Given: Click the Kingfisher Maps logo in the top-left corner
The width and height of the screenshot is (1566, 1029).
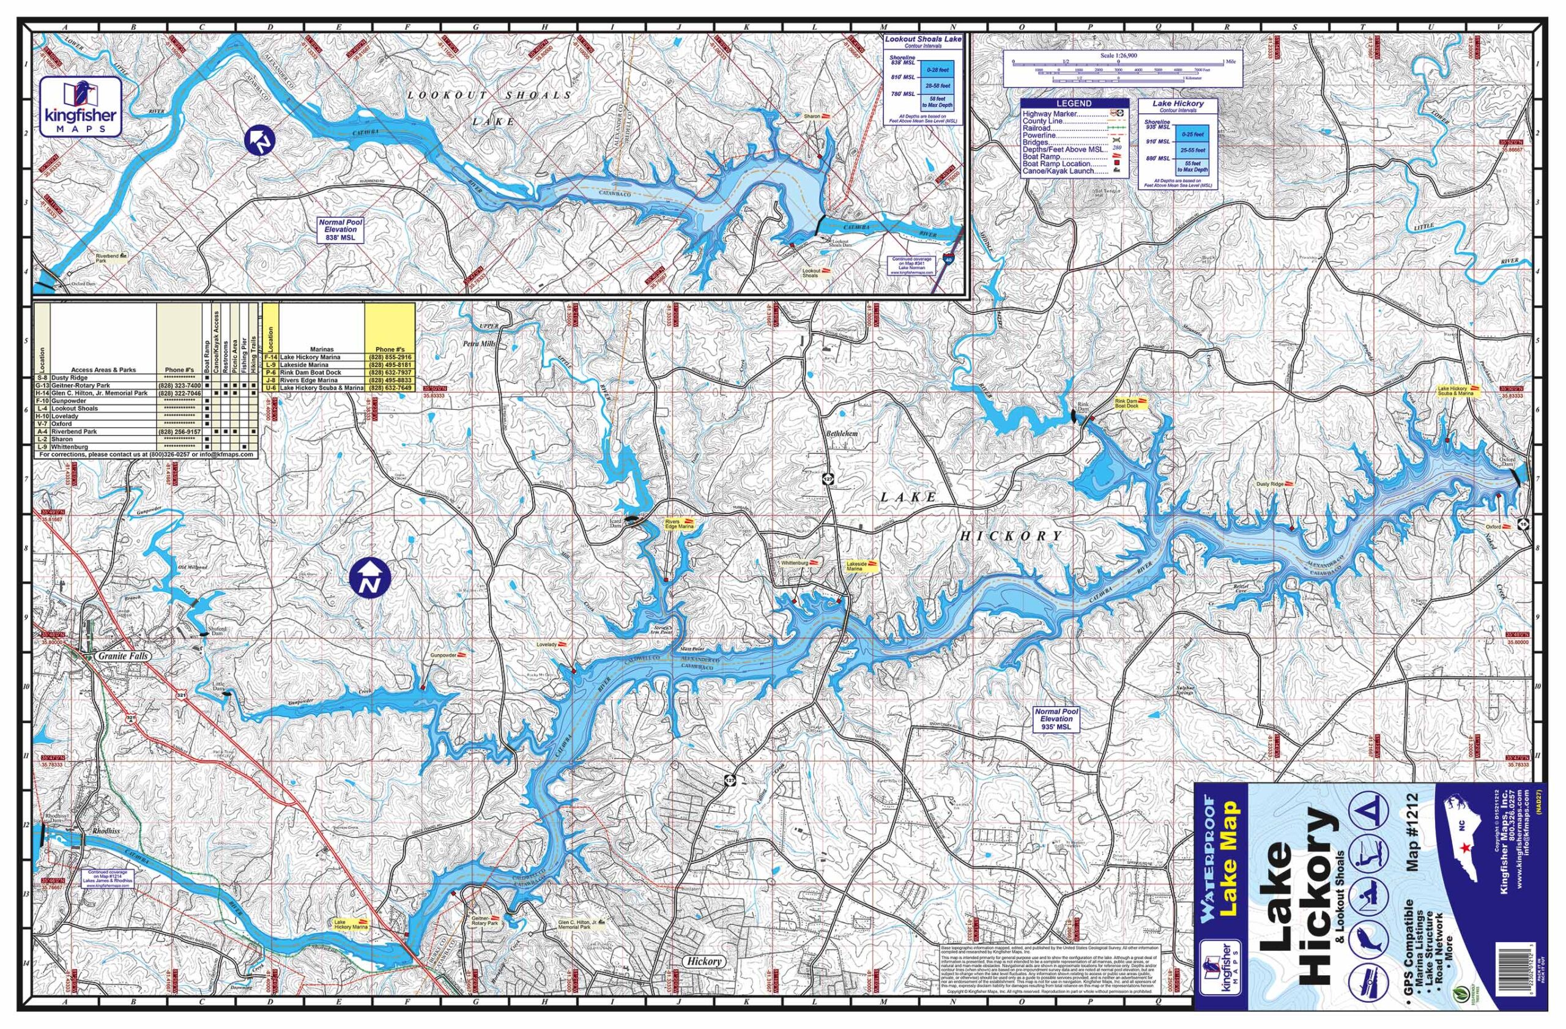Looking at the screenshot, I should tap(80, 106).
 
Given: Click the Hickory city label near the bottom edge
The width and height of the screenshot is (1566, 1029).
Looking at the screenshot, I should tap(704, 960).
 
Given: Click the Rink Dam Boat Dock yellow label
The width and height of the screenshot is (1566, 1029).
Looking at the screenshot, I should tap(1130, 403).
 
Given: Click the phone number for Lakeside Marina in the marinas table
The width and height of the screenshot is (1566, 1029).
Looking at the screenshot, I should tap(393, 365).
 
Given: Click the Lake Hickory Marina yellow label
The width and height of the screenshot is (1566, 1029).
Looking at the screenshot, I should tap(349, 925).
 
